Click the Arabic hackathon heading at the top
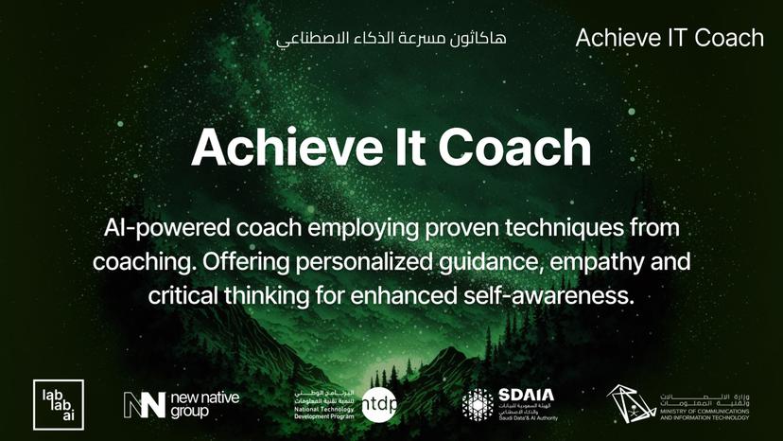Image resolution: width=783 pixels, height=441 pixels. coord(391,39)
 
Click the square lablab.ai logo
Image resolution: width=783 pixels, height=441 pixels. coord(59,404)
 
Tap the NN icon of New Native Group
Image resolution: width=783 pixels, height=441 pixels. coord(144,405)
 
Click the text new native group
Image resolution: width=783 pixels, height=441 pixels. coord(204,405)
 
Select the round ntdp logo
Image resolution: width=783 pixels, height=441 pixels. coord(379,404)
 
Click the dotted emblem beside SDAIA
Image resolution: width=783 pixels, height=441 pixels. coord(478,405)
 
